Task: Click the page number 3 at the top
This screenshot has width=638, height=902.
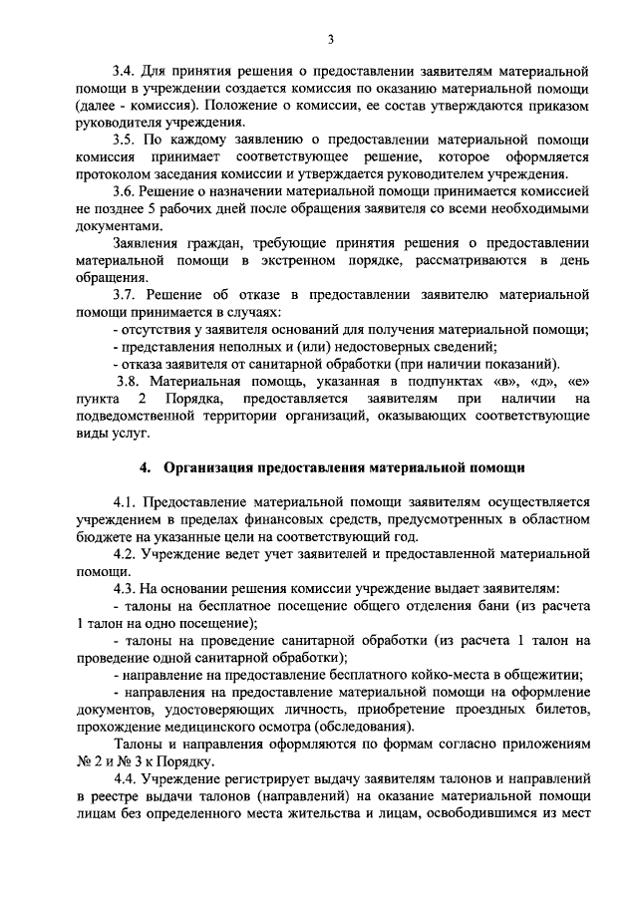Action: coord(331,39)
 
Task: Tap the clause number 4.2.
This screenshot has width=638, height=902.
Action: coord(127,553)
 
